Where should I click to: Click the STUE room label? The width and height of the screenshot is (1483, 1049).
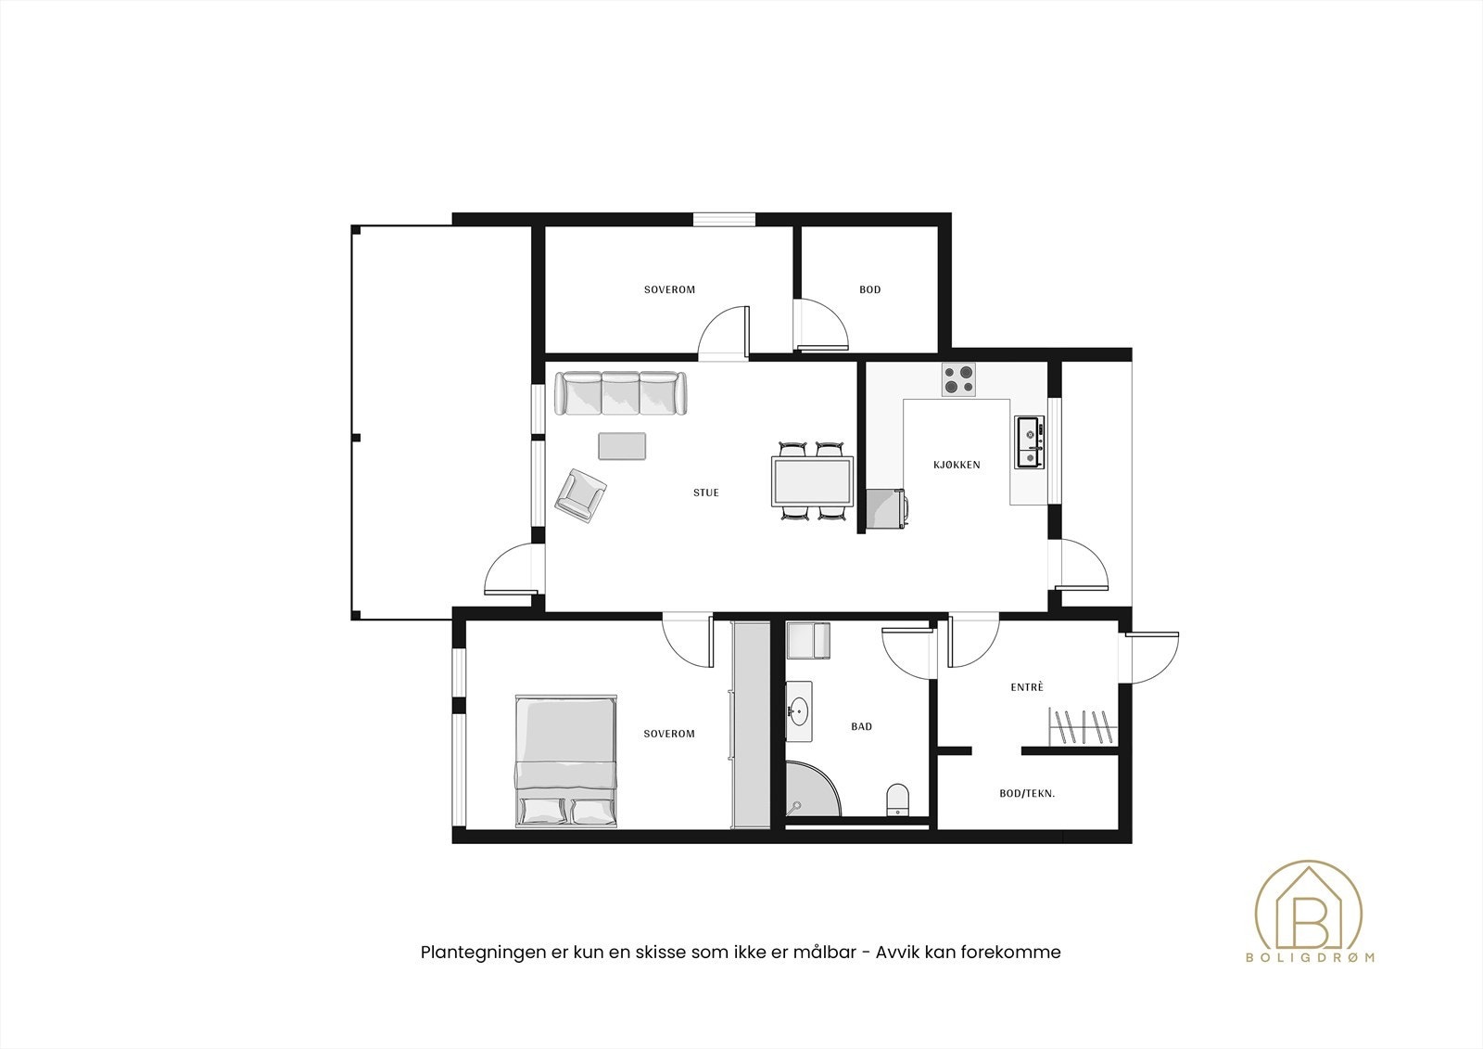[705, 493]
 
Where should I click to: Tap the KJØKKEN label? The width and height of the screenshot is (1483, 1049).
[957, 465]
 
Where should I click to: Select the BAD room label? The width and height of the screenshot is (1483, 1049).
[861, 726]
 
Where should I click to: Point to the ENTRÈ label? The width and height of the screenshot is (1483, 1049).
[1027, 687]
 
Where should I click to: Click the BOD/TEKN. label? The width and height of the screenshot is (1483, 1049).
[1027, 793]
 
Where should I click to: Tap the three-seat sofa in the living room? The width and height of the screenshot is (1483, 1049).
[620, 393]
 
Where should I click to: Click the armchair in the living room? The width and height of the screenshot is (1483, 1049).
[580, 495]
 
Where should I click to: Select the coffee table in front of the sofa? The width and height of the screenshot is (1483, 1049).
[622, 446]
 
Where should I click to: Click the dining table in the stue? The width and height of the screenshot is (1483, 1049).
[812, 481]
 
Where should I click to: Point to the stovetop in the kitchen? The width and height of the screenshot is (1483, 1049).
[959, 380]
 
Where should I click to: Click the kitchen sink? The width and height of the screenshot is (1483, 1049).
[1030, 442]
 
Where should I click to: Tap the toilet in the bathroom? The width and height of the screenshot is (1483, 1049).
[897, 800]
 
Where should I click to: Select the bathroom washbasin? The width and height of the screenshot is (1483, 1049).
[798, 711]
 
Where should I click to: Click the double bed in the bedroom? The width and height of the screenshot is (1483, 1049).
[566, 761]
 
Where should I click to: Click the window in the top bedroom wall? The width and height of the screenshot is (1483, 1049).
[724, 219]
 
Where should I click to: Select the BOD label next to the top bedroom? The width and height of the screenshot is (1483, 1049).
[870, 289]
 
